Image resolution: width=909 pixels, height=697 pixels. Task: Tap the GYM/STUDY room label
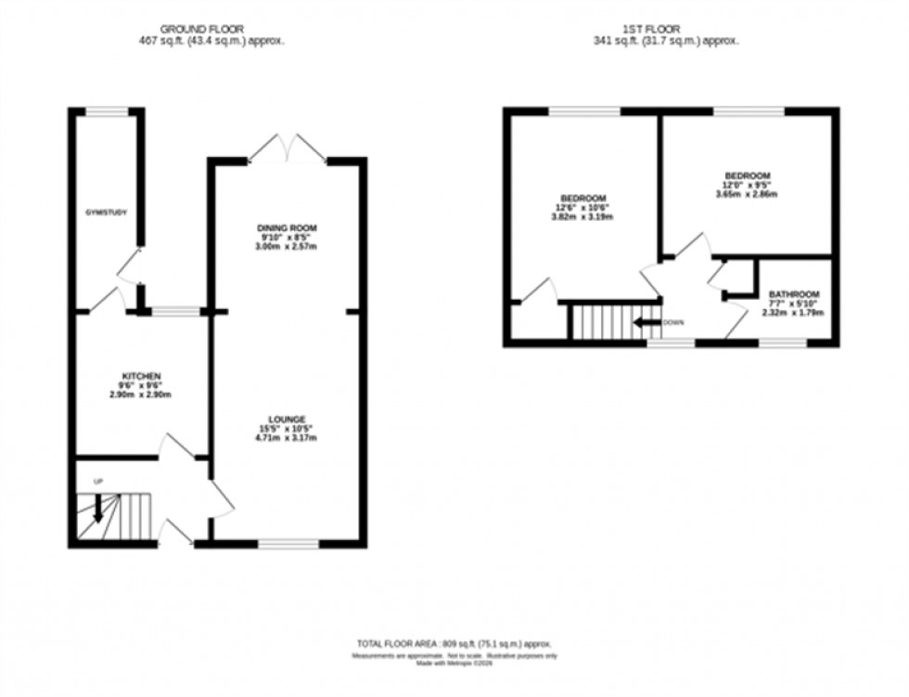pos(102,213)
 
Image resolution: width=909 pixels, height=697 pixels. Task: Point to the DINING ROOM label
pos(287,228)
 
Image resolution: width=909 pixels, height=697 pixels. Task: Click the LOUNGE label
pos(287,419)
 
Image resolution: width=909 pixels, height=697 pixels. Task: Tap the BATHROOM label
pos(793,293)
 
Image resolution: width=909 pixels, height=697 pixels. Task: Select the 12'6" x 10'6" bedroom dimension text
pos(583,208)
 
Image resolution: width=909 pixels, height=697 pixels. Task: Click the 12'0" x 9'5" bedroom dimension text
pos(747,185)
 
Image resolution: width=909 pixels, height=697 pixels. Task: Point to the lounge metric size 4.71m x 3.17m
pos(287,438)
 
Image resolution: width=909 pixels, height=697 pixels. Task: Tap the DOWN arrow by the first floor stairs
pos(647,323)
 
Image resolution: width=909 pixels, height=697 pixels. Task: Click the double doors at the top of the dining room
pos(288,148)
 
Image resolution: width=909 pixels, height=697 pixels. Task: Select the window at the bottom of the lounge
pos(288,544)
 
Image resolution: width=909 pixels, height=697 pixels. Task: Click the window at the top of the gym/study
pos(107,111)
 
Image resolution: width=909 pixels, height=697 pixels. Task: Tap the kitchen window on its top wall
pos(176,312)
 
